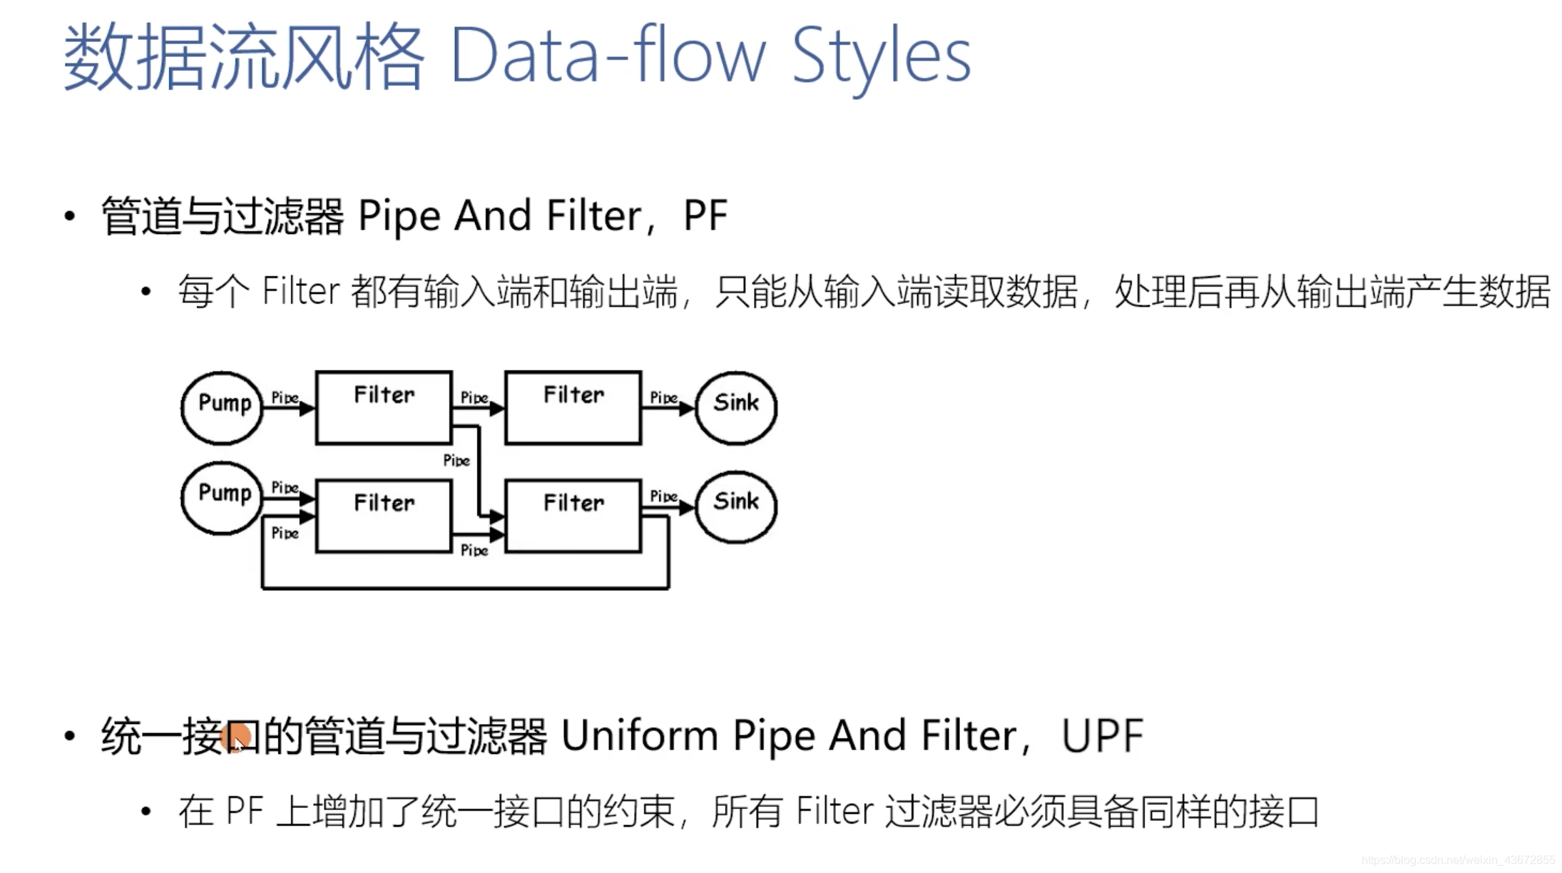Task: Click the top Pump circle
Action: click(222, 408)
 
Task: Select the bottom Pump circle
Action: click(222, 498)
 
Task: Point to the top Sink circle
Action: click(736, 408)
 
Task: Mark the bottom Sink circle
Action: click(736, 506)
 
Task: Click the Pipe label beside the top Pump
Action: click(285, 397)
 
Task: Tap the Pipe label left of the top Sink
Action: click(663, 397)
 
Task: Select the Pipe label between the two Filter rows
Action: click(456, 460)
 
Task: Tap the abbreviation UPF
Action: click(1102, 735)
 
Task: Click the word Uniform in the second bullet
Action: click(639, 735)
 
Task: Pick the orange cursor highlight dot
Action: click(236, 737)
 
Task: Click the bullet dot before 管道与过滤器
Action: click(69, 216)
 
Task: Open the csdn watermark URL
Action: click(1458, 860)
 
